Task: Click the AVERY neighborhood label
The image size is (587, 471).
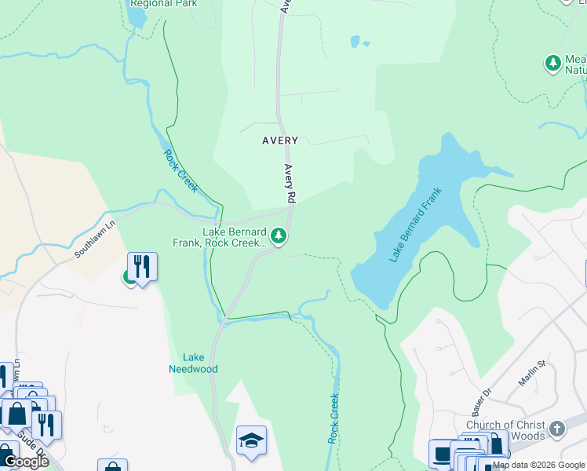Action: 279,141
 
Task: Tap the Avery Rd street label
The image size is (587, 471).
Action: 289,182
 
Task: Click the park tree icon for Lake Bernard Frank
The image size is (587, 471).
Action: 278,235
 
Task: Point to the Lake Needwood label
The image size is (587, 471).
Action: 193,363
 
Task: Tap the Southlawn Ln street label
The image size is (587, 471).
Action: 95,239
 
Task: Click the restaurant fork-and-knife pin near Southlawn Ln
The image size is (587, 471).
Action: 142,266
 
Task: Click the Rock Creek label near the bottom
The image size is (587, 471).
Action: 334,418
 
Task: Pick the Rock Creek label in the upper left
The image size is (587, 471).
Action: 180,171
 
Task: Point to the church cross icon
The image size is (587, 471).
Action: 556,429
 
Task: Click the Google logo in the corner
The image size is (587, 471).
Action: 26,462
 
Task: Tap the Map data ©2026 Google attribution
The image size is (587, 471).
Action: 538,465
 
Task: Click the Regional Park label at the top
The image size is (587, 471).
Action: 164,3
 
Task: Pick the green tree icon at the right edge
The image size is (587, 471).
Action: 552,61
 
